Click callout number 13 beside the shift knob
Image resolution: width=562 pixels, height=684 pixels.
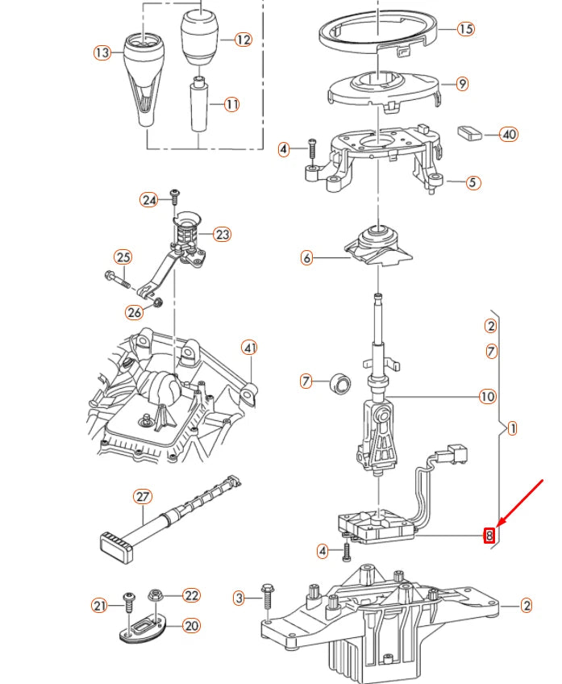[102, 53]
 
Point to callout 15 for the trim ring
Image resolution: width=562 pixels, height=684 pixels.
[465, 29]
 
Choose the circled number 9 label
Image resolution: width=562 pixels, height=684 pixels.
[461, 83]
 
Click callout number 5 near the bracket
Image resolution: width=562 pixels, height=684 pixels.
[472, 182]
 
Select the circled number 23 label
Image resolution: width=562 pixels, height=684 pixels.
[222, 235]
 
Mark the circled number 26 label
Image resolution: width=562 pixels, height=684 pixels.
[134, 312]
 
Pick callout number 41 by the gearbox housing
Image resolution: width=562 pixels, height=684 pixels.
[250, 348]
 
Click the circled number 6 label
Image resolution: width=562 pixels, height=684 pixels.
[306, 259]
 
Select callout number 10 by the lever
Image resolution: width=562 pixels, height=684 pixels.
[487, 396]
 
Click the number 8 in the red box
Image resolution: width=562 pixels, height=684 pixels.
[489, 534]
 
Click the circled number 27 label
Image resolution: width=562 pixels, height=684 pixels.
[142, 496]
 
